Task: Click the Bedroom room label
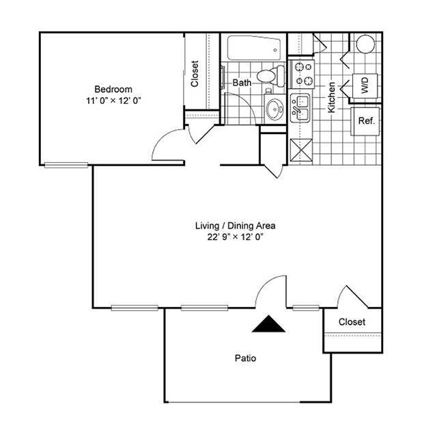[113, 89]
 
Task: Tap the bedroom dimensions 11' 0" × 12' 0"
[113, 101]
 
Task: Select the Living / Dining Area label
[236, 225]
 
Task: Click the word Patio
[246, 358]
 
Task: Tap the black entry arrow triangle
[268, 324]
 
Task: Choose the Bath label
[242, 83]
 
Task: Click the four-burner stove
[302, 74]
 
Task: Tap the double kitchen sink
[300, 109]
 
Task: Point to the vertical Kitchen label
[332, 97]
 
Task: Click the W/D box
[365, 86]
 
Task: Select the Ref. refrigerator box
[366, 121]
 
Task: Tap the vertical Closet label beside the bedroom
[195, 74]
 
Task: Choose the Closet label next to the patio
[352, 321]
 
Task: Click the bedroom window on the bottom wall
[66, 165]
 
